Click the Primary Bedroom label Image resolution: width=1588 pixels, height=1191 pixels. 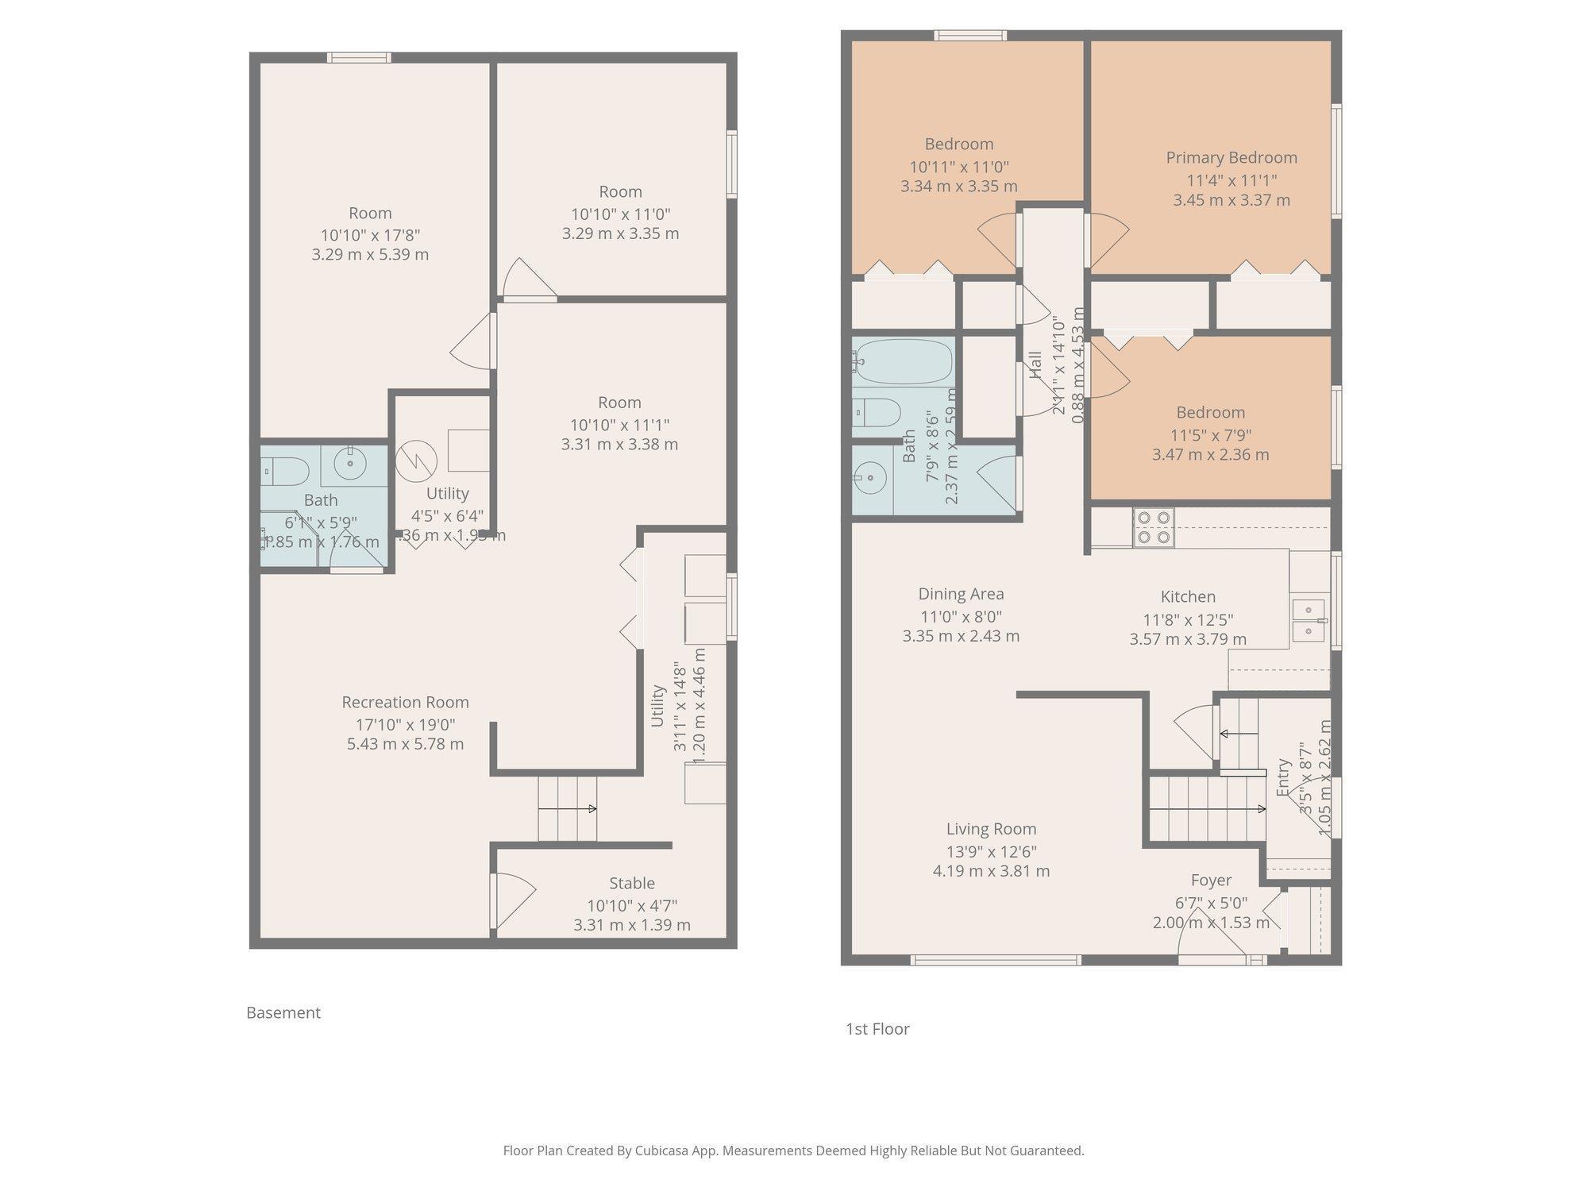1231,157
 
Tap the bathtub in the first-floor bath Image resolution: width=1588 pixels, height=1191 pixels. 903,362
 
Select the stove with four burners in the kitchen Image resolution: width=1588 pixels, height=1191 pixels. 1154,527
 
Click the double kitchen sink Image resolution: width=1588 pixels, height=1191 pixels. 1308,621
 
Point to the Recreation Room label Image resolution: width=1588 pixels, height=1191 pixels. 405,702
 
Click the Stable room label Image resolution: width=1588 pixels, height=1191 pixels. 632,883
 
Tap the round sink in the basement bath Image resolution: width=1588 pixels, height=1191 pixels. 349,463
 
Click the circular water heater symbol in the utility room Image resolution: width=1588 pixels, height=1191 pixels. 416,460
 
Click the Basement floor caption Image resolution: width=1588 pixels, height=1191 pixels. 283,1012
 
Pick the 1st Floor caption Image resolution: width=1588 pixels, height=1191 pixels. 877,1029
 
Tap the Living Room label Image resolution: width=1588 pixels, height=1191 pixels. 991,829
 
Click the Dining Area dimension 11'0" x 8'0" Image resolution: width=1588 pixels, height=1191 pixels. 961,616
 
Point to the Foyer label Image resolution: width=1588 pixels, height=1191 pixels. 1211,880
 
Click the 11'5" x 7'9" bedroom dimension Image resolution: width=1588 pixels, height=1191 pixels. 1210,435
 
